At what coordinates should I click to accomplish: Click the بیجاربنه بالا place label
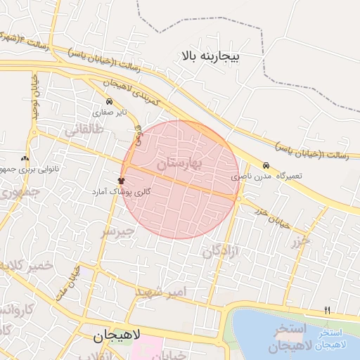click(210, 55)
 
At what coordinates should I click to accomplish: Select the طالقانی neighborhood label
click(84, 130)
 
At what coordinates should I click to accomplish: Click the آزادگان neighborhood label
click(221, 248)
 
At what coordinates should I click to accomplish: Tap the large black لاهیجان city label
click(117, 337)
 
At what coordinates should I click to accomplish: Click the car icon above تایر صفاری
click(108, 102)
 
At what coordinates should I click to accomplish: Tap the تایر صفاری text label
click(112, 112)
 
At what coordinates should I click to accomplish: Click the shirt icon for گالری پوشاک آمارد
click(121, 181)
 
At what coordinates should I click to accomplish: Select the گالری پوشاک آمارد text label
click(119, 191)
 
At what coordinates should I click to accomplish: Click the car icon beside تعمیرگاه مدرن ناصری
click(266, 165)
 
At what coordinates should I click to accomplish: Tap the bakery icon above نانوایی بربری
click(25, 159)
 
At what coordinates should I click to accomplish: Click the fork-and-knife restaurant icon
click(326, 310)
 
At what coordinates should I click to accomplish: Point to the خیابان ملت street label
click(68, 280)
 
